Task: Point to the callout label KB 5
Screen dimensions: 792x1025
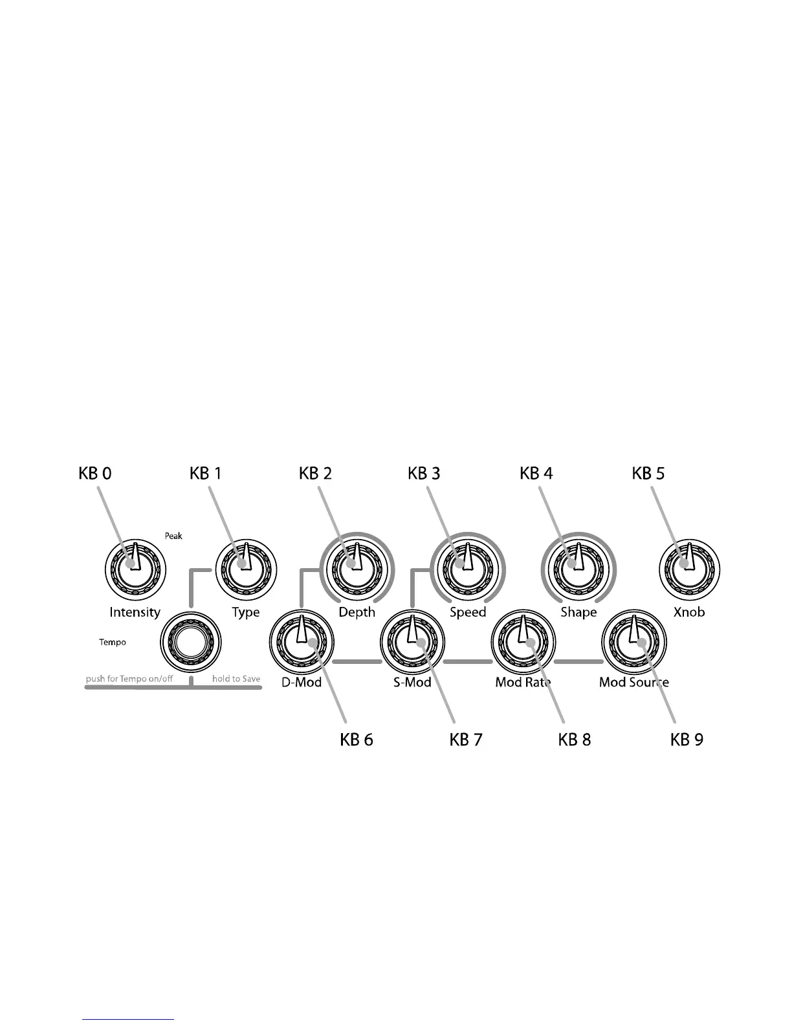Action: pyautogui.click(x=648, y=474)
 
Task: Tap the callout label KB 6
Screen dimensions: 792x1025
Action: pyautogui.click(x=357, y=739)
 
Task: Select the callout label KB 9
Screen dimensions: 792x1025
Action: pyautogui.click(x=687, y=739)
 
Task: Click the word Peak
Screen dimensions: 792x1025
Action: pyautogui.click(x=173, y=536)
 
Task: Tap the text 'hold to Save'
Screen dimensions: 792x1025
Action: pyautogui.click(x=236, y=679)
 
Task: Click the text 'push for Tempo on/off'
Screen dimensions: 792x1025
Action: pyautogui.click(x=129, y=679)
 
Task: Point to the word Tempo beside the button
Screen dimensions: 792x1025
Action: pyautogui.click(x=113, y=643)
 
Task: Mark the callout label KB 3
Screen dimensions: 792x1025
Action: pyautogui.click(x=424, y=474)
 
